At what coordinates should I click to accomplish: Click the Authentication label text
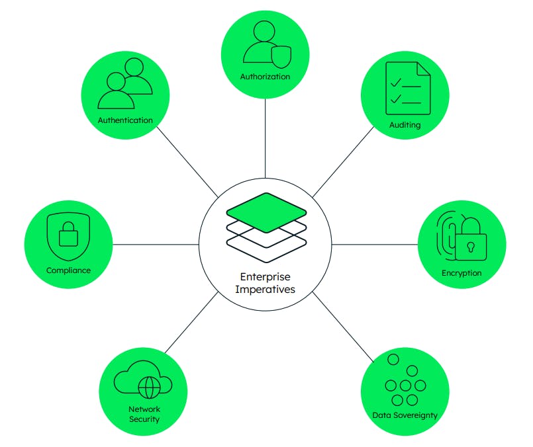coord(125,120)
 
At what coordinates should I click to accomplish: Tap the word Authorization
coord(265,77)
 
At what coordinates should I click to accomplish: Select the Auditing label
coord(405,125)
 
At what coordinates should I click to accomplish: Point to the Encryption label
coord(461,273)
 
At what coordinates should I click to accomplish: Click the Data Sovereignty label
coord(405,416)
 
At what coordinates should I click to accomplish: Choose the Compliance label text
coord(68,270)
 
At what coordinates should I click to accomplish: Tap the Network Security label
coord(144,414)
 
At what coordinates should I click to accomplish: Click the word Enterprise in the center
coord(265,277)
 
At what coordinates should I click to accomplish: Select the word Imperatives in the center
coord(265,289)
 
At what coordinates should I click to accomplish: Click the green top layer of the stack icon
coord(266,212)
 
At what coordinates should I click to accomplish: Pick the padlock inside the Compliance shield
coord(69,235)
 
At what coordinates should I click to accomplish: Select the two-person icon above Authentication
coord(125,85)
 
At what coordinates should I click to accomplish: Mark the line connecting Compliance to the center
coord(156,244)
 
